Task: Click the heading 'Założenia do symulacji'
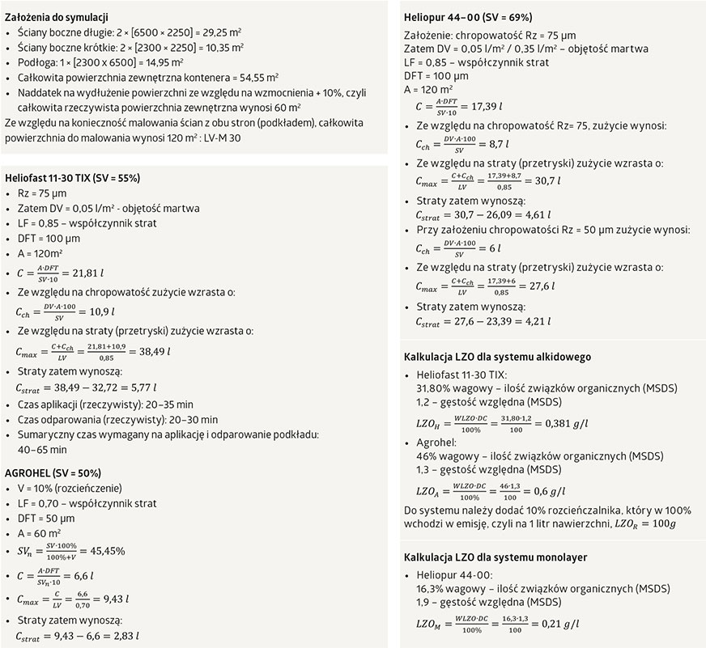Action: pos(57,17)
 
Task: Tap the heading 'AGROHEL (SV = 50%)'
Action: pos(53,472)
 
